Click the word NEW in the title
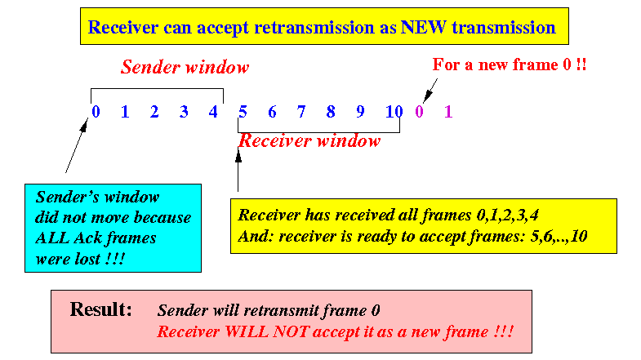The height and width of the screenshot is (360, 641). [423, 28]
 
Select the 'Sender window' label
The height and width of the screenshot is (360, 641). [185, 67]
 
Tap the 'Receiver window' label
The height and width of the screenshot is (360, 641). [309, 141]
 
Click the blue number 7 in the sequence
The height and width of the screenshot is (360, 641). [301, 112]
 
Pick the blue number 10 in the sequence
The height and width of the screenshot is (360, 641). [394, 112]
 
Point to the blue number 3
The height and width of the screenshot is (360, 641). [184, 112]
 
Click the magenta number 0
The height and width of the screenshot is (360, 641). [419, 112]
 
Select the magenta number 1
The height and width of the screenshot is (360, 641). [448, 112]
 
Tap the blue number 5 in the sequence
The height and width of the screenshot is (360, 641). [243, 112]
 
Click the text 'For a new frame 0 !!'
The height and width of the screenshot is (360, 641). [510, 64]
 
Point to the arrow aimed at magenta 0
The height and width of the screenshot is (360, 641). [430, 91]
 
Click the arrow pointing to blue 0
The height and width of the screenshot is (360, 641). [77, 145]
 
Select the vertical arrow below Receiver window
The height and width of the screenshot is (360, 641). [238, 169]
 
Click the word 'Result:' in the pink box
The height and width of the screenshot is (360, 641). [101, 309]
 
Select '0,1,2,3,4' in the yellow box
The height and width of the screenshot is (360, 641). [507, 215]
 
